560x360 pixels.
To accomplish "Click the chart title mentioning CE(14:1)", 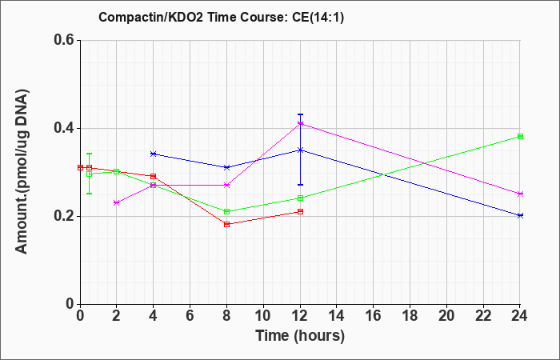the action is pos(221,17).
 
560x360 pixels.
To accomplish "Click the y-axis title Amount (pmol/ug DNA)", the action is pos(22,171).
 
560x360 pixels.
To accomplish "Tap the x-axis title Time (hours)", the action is pos(300,336).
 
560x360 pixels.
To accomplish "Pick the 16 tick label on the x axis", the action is pos(374,316).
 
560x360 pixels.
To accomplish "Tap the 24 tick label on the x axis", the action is pos(520,316).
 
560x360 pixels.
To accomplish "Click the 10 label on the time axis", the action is pos(263,316).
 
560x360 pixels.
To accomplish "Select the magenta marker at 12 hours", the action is pos(300,123).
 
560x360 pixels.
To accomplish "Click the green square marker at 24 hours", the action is pos(520,137).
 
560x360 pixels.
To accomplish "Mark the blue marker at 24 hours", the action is pos(520,215).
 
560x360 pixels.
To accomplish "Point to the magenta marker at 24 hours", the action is pos(520,194).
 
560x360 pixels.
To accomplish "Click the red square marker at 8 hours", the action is pos(226,224).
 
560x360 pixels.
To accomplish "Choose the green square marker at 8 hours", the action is pos(226,211).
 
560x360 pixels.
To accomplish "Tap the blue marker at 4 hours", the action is pos(154,154).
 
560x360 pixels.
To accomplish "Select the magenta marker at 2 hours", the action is pos(116,203).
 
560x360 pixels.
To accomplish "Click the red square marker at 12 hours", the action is pos(300,211).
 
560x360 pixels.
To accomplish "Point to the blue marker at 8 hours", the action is pos(226,167).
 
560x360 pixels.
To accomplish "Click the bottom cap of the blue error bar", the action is pos(300,185).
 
